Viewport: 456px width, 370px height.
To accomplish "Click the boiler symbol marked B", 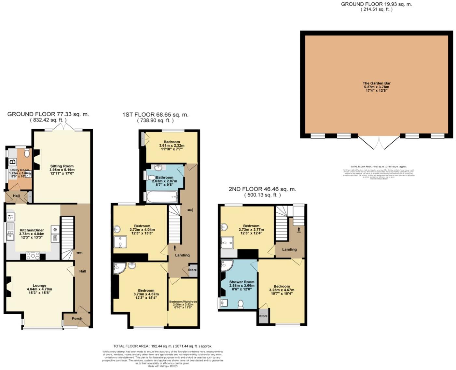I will [x=13, y=162].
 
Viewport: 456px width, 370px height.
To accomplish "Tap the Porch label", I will [x=77, y=319].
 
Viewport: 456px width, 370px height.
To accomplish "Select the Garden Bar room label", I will [x=376, y=83].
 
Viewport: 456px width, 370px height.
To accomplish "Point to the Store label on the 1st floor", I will [x=192, y=270].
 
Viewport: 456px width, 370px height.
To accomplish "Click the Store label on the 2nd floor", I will [x=263, y=316].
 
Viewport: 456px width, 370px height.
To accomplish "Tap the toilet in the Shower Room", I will [x=241, y=304].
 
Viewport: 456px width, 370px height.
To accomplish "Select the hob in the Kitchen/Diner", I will [x=33, y=256].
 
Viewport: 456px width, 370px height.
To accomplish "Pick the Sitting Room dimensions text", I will [x=62, y=172].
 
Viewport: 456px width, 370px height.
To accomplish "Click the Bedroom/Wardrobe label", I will [x=183, y=302].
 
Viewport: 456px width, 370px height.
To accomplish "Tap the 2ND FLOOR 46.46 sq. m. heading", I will [x=262, y=189].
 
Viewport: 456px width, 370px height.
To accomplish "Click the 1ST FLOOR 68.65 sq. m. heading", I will [x=155, y=115].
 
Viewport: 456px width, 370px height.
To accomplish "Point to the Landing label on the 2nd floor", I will [x=289, y=249].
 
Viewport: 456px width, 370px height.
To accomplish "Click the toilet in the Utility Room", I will [x=27, y=153].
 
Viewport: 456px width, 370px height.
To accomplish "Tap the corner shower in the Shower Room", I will [x=226, y=265].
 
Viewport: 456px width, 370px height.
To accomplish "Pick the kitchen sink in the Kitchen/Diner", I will [x=10, y=231].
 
